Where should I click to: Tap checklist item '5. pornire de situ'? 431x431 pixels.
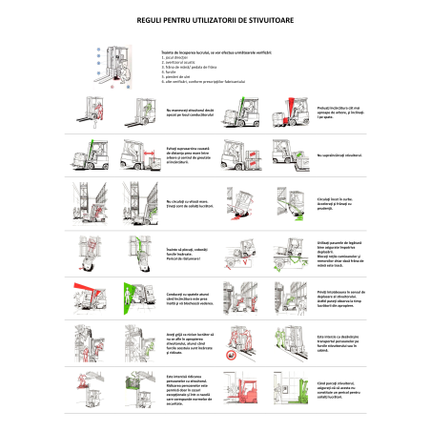point(177,73)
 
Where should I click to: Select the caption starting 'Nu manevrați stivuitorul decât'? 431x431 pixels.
point(187,113)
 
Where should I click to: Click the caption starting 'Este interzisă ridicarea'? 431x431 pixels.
point(187,385)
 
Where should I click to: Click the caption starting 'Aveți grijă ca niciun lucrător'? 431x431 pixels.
point(187,341)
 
